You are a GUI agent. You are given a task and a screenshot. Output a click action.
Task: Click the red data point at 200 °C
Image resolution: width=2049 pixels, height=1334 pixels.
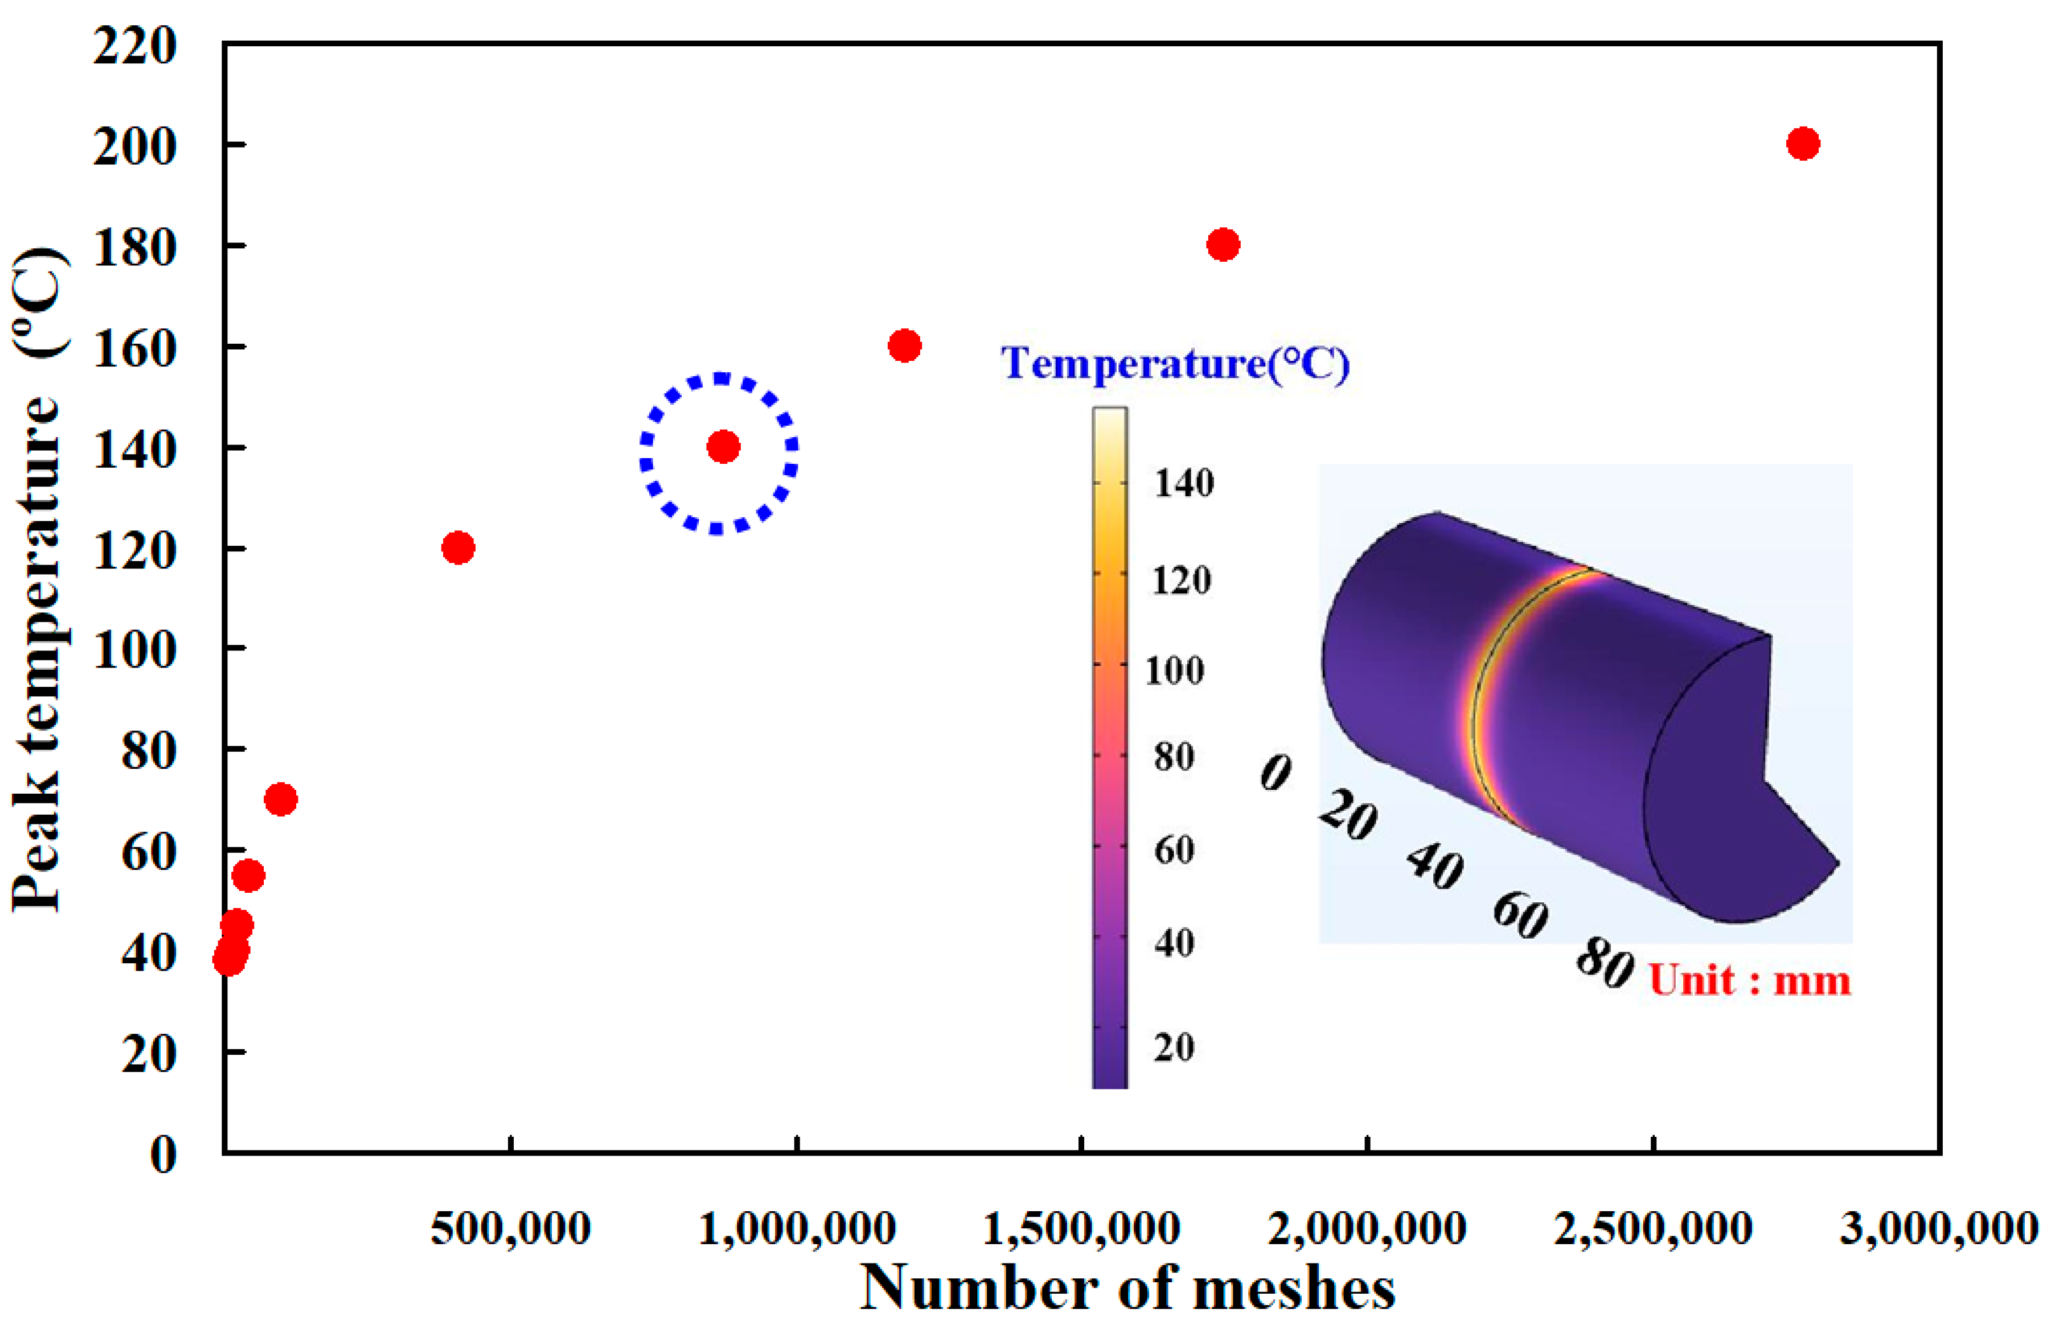[x=1803, y=144]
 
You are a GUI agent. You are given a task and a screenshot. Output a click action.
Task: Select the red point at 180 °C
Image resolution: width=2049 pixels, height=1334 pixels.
[x=1222, y=245]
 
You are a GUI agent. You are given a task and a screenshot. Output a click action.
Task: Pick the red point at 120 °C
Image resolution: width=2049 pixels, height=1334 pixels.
[x=458, y=547]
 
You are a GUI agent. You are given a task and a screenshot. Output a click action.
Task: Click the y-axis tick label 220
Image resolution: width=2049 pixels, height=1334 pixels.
[x=135, y=45]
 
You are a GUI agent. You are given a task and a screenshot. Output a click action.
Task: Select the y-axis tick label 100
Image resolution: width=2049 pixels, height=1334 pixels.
[x=135, y=650]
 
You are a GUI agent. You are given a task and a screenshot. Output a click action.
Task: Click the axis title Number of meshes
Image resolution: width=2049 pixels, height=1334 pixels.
[x=1128, y=1288]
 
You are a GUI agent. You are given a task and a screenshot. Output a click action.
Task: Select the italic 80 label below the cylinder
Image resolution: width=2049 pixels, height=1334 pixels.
[x=1604, y=962]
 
